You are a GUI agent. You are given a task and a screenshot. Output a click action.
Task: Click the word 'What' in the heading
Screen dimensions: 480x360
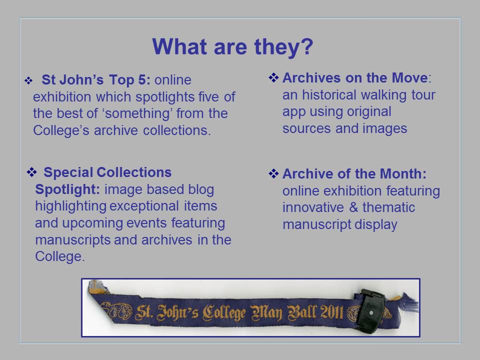179,46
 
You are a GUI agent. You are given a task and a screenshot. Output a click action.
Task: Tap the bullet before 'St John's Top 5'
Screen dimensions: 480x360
28,80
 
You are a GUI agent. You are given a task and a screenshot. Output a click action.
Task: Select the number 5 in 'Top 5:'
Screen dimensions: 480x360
142,79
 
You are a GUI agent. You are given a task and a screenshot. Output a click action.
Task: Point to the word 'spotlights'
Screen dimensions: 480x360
164,97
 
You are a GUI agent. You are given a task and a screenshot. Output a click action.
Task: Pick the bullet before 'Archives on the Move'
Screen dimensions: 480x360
273,78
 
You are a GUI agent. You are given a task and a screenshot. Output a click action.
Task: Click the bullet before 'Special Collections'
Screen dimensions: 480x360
31,172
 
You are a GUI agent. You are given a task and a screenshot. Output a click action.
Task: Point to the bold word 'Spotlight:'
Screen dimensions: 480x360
67,189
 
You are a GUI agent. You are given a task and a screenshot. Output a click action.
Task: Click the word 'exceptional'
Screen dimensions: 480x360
144,206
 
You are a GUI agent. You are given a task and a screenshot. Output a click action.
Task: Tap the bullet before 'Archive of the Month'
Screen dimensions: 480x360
273,173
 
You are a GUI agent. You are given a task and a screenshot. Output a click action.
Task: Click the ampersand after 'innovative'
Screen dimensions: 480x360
353,207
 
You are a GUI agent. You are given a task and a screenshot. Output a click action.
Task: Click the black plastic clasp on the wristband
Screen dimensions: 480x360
369,310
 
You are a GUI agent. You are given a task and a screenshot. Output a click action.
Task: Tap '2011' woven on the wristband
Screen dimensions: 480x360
332,312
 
